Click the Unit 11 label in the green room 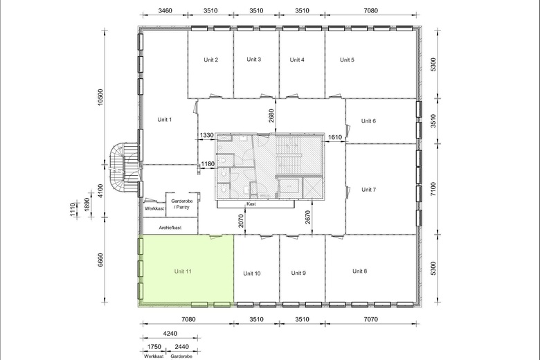click(183, 271)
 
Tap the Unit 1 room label click(164, 120)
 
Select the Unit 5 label click(347, 60)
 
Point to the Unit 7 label click(368, 190)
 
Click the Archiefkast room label click(170, 228)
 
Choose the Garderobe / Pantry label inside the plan click(182, 204)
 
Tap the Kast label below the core click(251, 204)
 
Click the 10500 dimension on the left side click(100, 98)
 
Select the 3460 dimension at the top click(165, 10)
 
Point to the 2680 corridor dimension click(271, 116)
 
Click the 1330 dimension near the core click(206, 136)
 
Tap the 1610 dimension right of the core click(335, 138)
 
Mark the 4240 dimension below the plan click(170, 334)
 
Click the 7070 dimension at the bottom click(370, 319)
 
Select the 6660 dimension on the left click(100, 260)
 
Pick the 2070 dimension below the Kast click(241, 221)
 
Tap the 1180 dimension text click(208, 164)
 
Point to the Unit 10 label click(252, 273)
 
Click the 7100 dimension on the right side click(433, 189)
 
